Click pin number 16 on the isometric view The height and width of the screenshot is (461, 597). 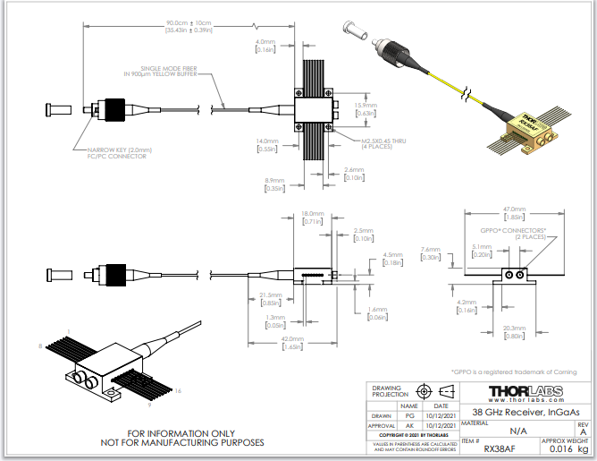(x=179, y=391)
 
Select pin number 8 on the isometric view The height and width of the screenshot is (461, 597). (x=40, y=345)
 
